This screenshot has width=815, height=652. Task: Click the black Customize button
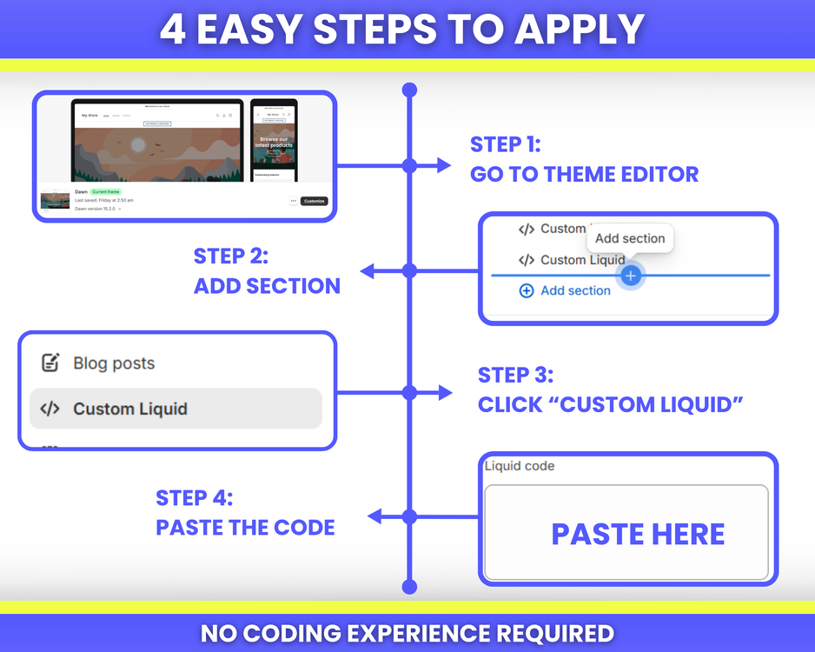[x=315, y=201]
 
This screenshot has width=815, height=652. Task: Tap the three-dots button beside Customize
[x=294, y=201]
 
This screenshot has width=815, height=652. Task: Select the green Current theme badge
[x=106, y=191]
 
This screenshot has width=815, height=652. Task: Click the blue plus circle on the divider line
[x=631, y=276]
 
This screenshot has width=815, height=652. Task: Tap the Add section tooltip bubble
[x=630, y=238]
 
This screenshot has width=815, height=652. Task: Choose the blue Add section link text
[x=575, y=290]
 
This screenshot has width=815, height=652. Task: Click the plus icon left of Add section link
[x=526, y=290]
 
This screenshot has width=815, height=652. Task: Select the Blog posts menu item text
[x=114, y=363]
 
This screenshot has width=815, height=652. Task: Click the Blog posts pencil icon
[x=50, y=363]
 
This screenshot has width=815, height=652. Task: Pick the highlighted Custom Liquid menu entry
[x=176, y=409]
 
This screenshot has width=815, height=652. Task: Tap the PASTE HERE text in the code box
[x=638, y=534]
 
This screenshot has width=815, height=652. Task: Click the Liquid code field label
[x=520, y=466]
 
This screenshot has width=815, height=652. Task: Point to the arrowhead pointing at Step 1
[x=445, y=165]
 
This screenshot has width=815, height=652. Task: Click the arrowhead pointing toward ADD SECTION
[x=368, y=271]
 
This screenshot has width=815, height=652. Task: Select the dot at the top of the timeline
[x=410, y=90]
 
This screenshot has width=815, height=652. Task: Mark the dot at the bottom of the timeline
[x=410, y=588]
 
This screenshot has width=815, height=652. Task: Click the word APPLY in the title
[x=579, y=30]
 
